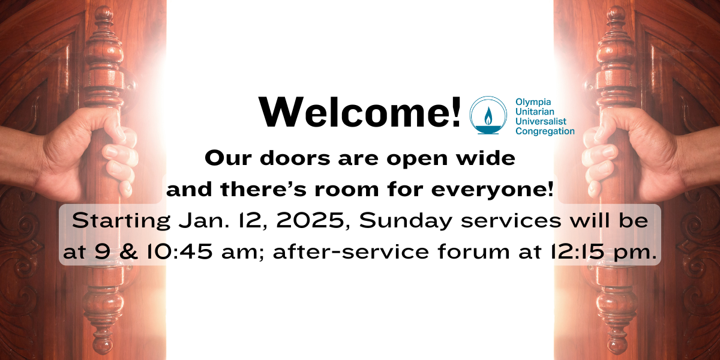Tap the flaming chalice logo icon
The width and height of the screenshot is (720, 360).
[x=488, y=115]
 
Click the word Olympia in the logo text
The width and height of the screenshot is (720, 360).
[x=533, y=103]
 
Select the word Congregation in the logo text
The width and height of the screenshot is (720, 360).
[x=545, y=131]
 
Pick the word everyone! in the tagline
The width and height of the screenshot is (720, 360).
[x=492, y=190]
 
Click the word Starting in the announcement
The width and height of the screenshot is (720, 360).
[x=121, y=222]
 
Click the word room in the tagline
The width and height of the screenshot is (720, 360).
[x=347, y=190]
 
